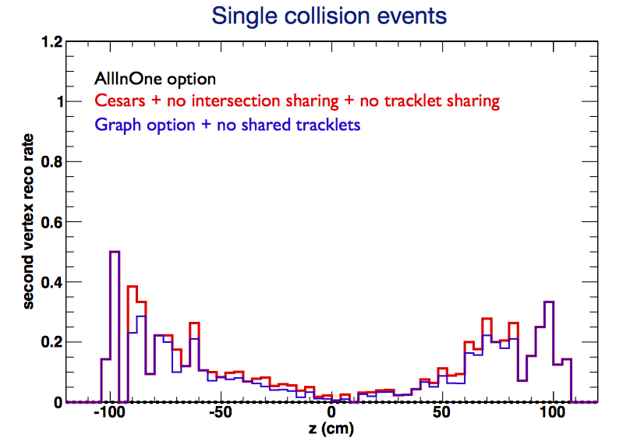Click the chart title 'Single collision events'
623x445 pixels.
[x=329, y=16]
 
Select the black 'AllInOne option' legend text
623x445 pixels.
[x=155, y=79]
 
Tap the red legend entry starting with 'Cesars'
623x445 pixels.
[x=297, y=101]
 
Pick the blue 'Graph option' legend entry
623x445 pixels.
[x=227, y=125]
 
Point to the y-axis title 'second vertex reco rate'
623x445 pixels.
[x=28, y=221]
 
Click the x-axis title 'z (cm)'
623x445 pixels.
[x=331, y=429]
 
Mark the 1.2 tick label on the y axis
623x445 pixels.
[x=52, y=41]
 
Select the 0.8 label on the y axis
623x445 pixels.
[x=52, y=161]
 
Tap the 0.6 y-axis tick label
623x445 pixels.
[x=52, y=222]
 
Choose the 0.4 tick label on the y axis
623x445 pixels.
[x=52, y=282]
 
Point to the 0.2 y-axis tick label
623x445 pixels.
[x=52, y=342]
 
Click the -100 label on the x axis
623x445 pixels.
[x=110, y=412]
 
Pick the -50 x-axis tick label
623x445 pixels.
[x=221, y=412]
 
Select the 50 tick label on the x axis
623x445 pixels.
[x=441, y=412]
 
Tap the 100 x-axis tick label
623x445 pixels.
[x=552, y=412]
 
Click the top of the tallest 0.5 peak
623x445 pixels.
[x=115, y=251]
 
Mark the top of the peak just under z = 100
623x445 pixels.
[x=549, y=302]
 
